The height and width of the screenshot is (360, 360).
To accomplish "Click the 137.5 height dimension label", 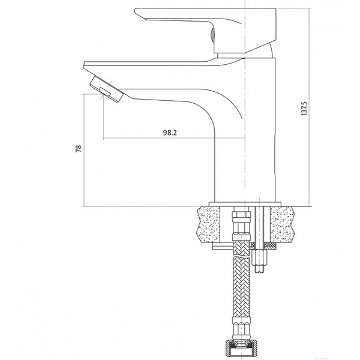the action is point(304,109).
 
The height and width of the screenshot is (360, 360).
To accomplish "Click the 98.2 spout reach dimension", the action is point(170,133).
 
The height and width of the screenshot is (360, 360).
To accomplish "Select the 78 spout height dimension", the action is point(79,149).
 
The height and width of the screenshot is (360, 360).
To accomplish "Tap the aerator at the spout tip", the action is point(107,89).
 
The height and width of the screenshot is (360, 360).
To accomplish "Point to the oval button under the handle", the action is point(212,35).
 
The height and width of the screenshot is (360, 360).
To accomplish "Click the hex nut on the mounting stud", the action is point(259,257).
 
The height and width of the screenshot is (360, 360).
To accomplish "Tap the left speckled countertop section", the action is point(208,224).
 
